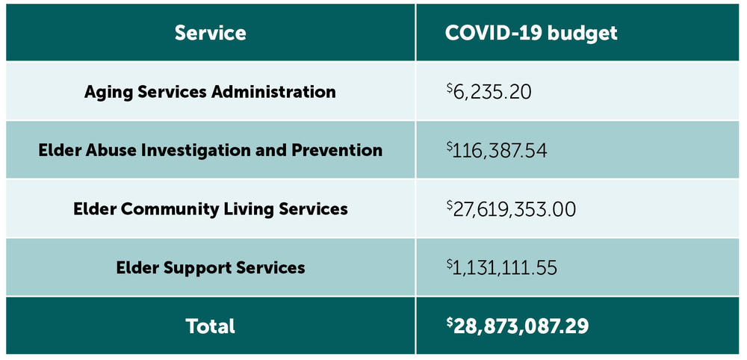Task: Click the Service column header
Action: pyautogui.click(x=210, y=33)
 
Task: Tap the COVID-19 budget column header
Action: pyautogui.click(x=531, y=33)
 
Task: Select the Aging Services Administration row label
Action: pyautogui.click(x=210, y=92)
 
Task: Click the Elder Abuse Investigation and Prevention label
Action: pyautogui.click(x=210, y=150)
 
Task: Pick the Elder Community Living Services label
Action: pyautogui.click(x=210, y=209)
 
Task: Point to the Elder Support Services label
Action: pyautogui.click(x=210, y=267)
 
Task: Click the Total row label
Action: pyautogui.click(x=210, y=326)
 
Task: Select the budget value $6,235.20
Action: pyautogui.click(x=489, y=92)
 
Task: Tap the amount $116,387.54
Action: pyautogui.click(x=496, y=151)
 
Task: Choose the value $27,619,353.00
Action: pyautogui.click(x=511, y=209)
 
